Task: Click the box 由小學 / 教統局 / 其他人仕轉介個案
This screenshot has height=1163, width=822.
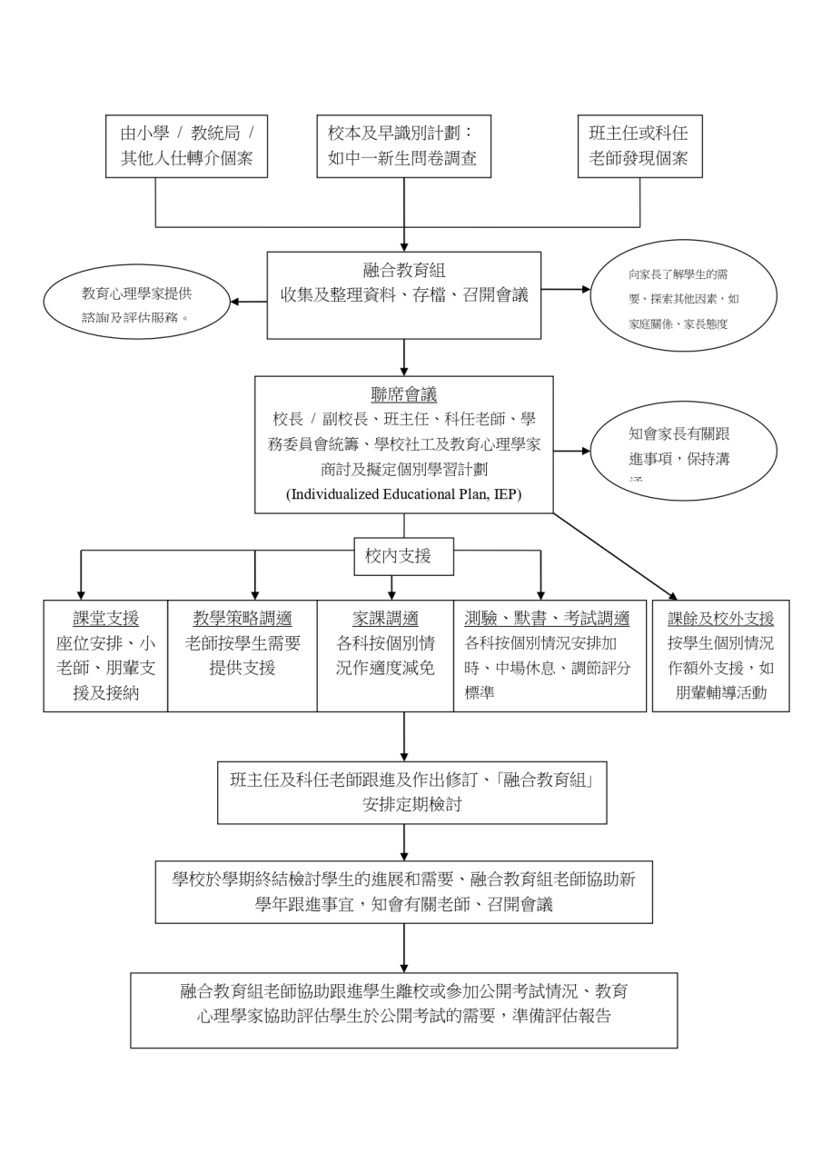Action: coord(186,145)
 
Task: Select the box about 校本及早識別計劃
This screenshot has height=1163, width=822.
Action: coord(403,145)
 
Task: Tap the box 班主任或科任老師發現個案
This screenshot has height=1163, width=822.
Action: coord(639,145)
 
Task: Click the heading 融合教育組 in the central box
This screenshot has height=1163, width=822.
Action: coord(403,269)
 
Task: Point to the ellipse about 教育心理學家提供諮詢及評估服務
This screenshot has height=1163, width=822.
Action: coord(136,301)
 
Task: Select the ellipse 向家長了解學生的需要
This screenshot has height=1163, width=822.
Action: coord(683,296)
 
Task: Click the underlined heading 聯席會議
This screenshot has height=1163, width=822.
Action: coord(403,394)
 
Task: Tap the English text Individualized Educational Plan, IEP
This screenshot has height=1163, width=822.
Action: coord(403,494)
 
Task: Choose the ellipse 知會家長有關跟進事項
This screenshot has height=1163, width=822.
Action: coord(683,450)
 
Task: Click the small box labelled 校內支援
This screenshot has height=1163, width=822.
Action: coord(403,556)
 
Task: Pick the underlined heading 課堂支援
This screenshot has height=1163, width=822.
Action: coord(105,619)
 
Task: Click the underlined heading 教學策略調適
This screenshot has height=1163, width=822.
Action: coord(242,619)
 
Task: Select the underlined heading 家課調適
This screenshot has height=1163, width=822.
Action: coord(385,619)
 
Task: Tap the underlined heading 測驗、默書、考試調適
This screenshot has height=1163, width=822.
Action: coord(547,619)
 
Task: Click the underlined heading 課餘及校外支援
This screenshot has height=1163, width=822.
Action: coord(720,619)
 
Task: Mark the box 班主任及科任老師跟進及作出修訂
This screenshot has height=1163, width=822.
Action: coord(411,791)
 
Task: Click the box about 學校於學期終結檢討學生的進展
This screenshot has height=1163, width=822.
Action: coord(403,891)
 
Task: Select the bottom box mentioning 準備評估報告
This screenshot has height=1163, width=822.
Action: coord(403,1009)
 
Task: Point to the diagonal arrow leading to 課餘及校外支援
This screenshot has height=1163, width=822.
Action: coord(614,556)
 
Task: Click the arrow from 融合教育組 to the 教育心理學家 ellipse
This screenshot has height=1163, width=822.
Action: coord(247,301)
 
